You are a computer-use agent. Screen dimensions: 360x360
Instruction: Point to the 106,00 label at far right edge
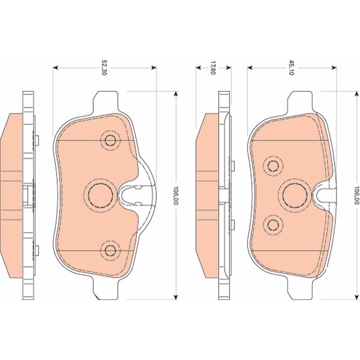[356, 194]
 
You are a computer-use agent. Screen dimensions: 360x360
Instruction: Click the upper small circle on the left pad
[110, 140]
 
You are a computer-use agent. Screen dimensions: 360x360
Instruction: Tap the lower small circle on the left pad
[110, 249]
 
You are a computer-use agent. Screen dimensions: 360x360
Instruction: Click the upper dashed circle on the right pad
[274, 165]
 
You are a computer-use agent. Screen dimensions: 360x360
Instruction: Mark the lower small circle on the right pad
[274, 224]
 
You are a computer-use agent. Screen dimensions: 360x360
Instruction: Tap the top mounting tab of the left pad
[106, 101]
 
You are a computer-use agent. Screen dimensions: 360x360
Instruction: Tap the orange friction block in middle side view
[208, 194]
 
